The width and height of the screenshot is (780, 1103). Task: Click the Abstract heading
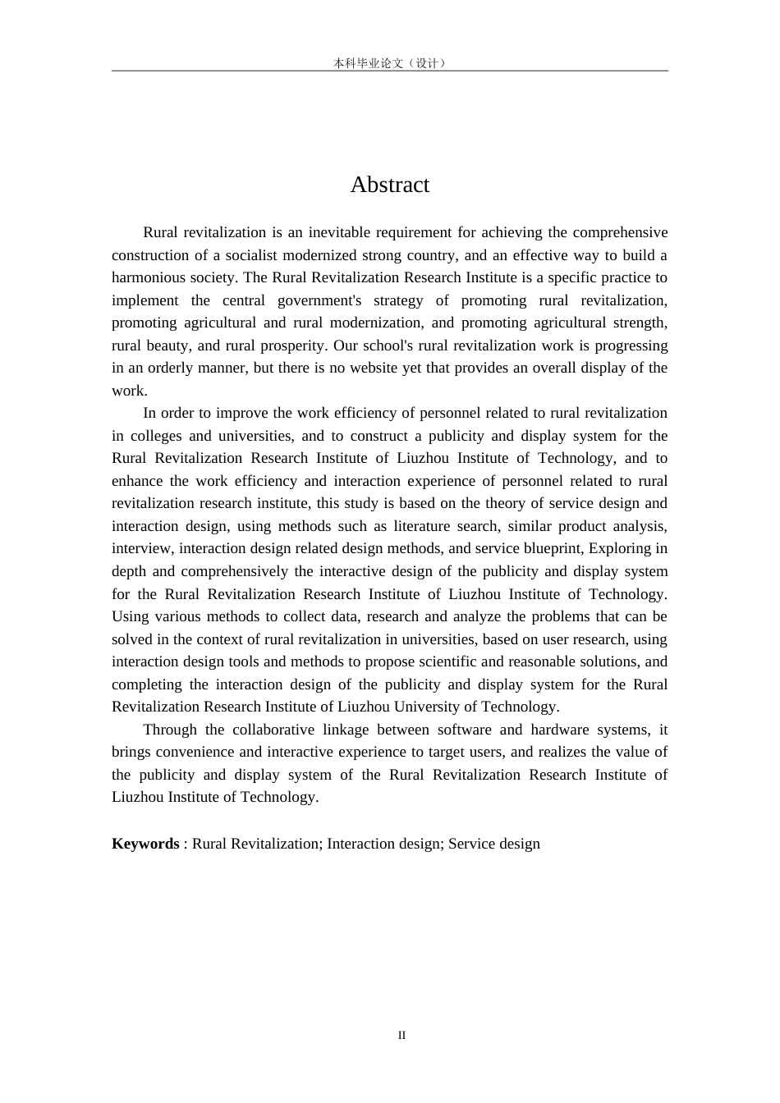point(389,185)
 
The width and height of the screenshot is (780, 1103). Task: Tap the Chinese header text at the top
point(389,62)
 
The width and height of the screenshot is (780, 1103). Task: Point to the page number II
point(401,1035)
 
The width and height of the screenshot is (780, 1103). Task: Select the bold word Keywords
point(145,844)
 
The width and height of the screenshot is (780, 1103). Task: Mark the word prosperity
point(291,346)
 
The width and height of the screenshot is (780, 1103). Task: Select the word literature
point(446,526)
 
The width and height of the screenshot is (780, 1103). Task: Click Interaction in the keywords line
point(362,844)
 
